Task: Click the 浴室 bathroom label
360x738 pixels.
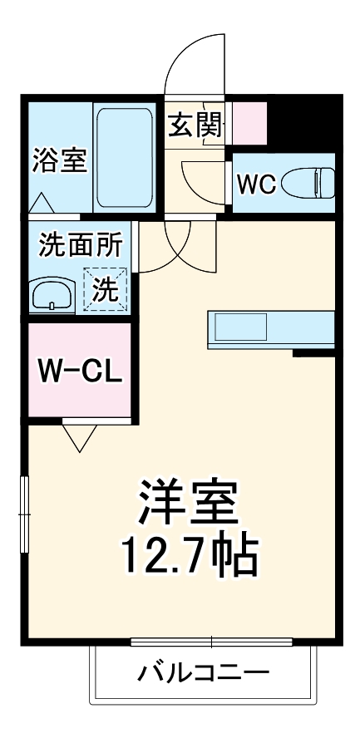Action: (x=60, y=159)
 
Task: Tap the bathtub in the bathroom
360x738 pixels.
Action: (x=124, y=158)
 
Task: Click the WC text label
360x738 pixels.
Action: (x=257, y=184)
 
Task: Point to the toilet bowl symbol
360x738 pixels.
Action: (x=308, y=182)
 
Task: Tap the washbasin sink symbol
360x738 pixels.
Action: (x=52, y=293)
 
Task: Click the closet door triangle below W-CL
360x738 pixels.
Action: (x=81, y=436)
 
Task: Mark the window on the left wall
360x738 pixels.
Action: (x=24, y=514)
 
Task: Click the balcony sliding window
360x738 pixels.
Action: (x=211, y=642)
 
